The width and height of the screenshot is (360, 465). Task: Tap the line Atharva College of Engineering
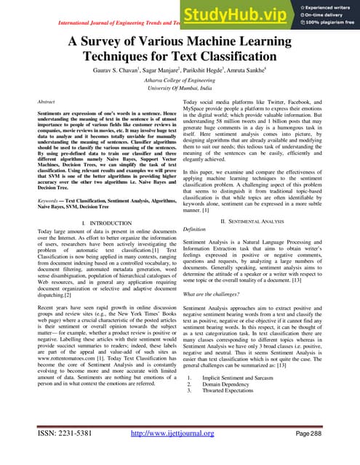tap(180, 81)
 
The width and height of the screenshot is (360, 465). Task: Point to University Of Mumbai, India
tap(180, 89)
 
